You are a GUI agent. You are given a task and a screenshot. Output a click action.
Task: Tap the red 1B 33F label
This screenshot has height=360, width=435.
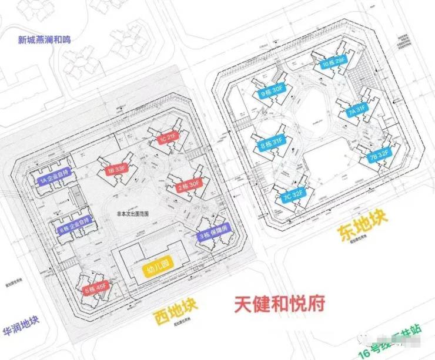(116, 170)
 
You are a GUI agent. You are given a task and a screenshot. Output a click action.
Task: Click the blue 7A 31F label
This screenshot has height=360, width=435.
(356, 109)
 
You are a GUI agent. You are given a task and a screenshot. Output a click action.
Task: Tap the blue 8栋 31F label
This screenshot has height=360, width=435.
(271, 142)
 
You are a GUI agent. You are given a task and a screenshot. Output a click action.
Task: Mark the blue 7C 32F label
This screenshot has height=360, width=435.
(292, 192)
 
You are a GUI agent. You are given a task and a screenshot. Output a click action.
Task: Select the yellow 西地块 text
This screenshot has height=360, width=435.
(176, 311)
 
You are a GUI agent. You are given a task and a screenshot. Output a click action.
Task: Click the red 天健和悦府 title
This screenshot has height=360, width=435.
(279, 304)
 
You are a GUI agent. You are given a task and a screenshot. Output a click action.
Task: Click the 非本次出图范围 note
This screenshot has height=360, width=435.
(133, 214)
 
